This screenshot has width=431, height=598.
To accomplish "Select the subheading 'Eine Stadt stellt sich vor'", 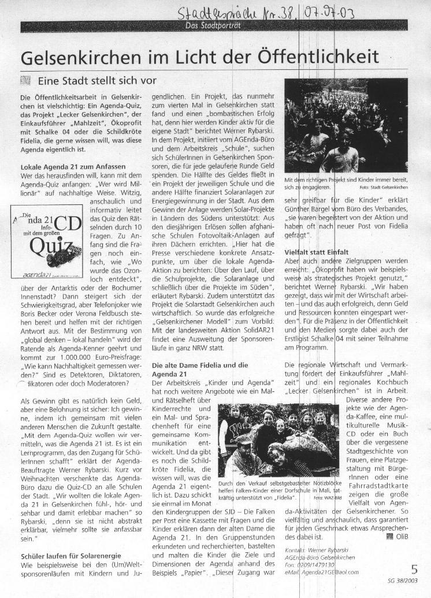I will pos(96,80).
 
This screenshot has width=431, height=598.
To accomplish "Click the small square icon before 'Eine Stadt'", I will pos(26,80).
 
